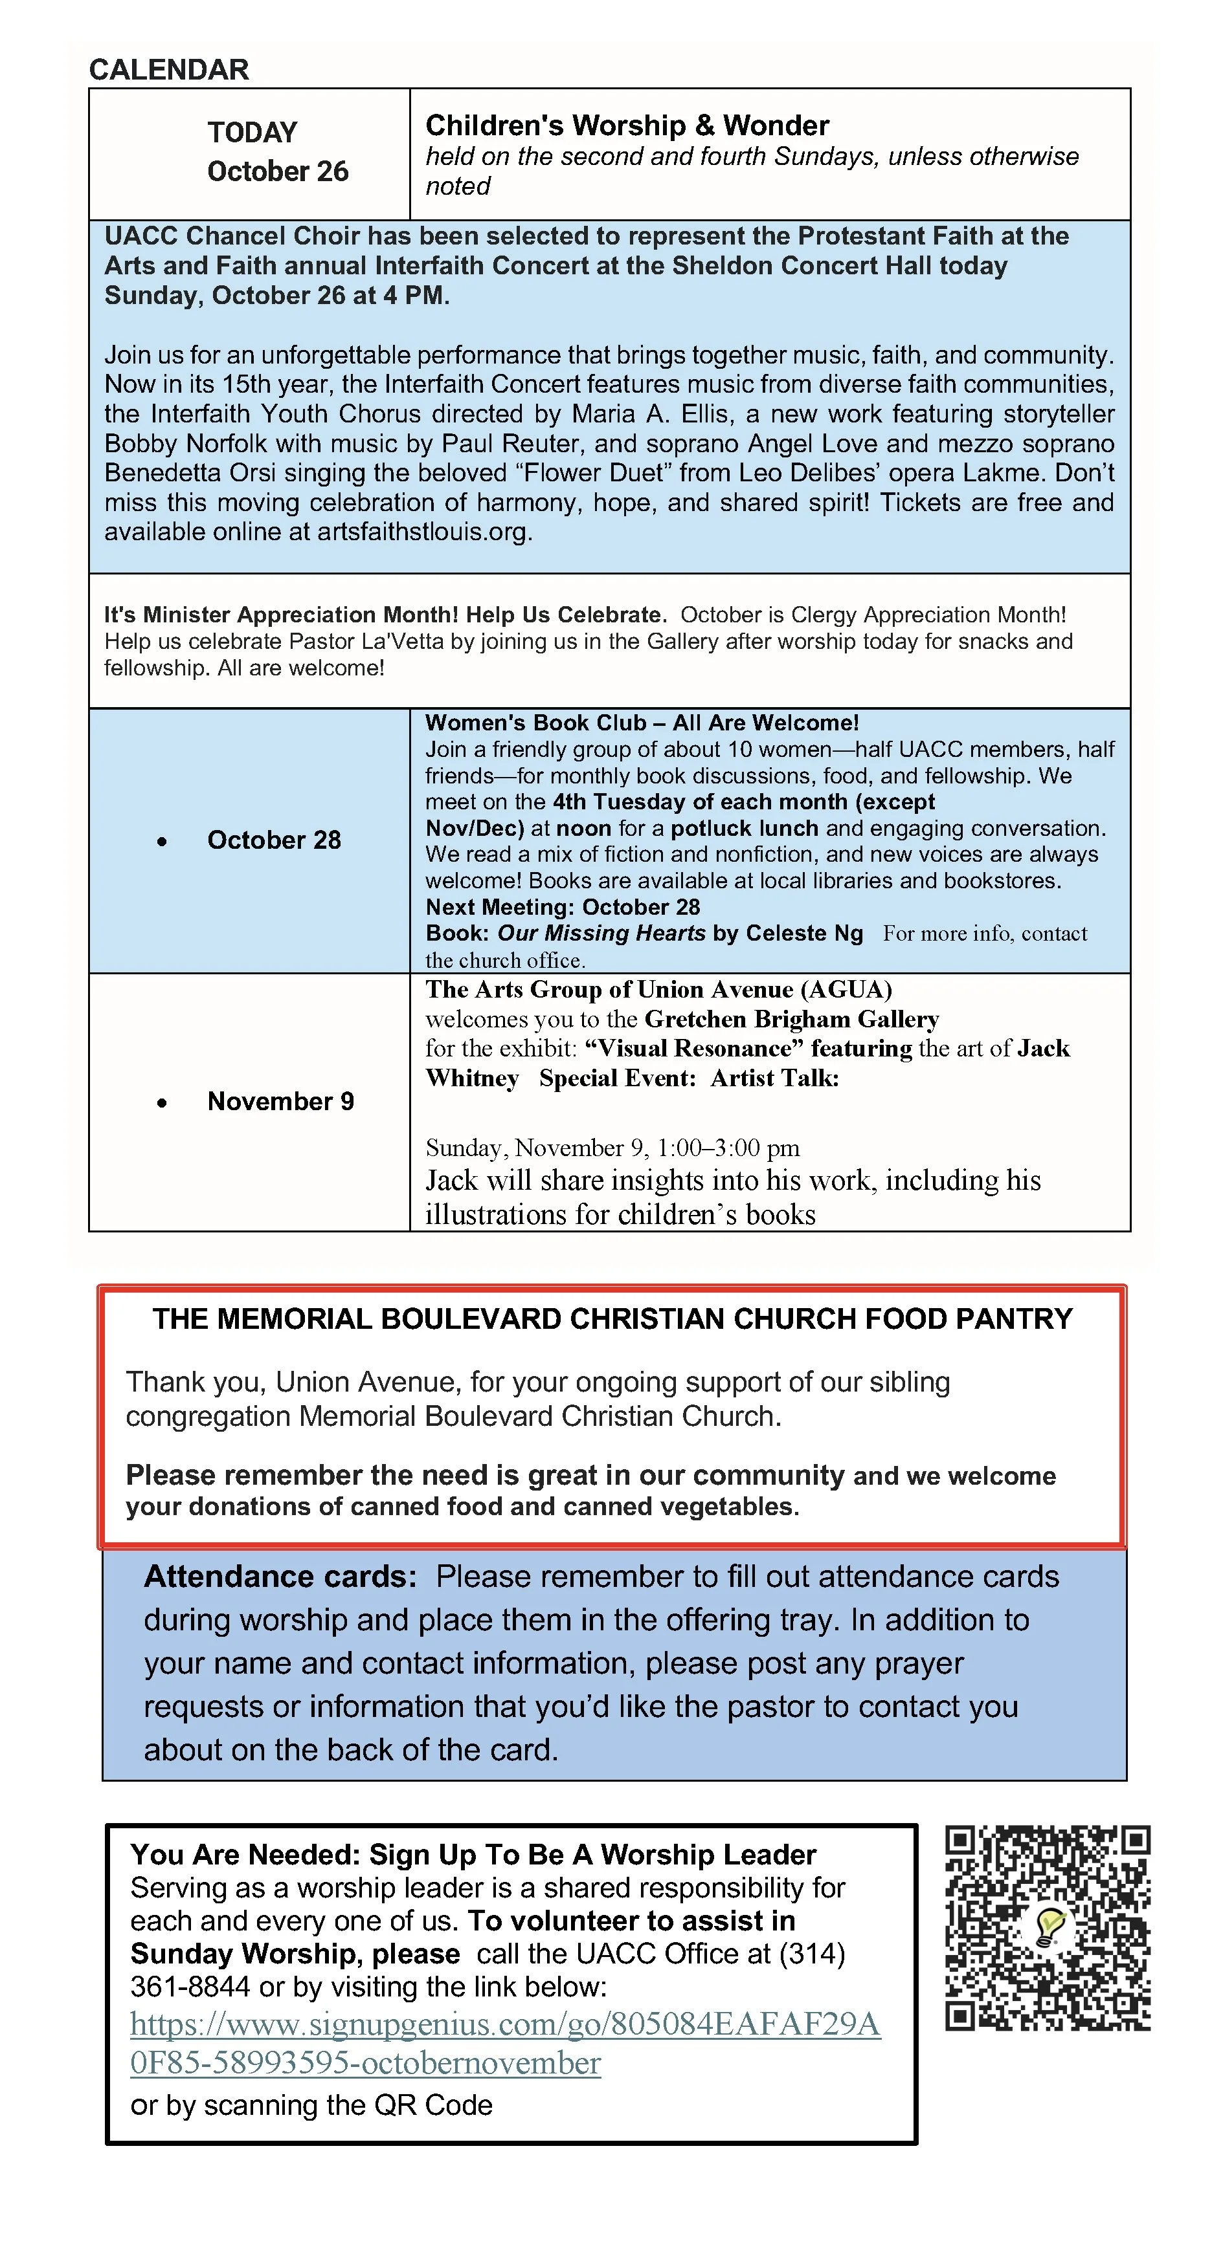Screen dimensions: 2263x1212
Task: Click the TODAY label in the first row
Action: coord(252,132)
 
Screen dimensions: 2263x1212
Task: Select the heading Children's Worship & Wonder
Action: coord(627,126)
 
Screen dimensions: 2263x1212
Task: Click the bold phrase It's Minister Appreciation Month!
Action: coord(284,615)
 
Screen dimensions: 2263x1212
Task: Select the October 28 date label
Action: coord(273,840)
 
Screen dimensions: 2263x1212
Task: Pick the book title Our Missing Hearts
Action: coord(601,933)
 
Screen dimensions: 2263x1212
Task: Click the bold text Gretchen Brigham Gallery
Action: coord(791,1019)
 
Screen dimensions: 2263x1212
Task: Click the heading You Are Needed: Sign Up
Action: coord(473,1855)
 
